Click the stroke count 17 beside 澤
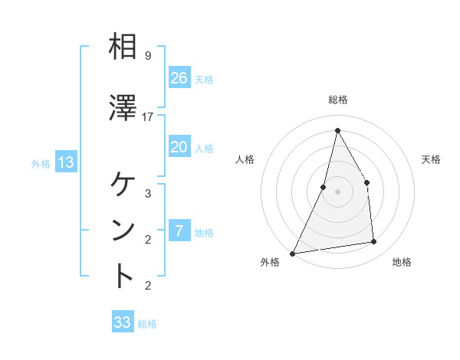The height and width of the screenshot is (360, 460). point(148,117)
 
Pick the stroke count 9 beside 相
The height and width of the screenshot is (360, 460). point(148,56)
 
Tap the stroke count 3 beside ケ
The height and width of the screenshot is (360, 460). point(148,194)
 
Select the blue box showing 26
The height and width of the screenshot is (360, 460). point(179,77)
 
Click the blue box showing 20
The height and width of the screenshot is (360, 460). point(179,147)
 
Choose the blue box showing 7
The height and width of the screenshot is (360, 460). point(179,231)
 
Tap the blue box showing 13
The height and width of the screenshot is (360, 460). point(65,162)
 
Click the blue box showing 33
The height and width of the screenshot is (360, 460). point(122,322)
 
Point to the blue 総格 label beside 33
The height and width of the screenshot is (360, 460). point(147,324)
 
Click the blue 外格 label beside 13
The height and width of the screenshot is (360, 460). point(41,163)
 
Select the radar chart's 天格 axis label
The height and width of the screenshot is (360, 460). point(431,159)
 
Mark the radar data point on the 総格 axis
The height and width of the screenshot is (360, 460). point(337,130)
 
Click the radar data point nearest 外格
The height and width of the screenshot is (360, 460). point(292,253)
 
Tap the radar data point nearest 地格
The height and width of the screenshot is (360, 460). point(374,242)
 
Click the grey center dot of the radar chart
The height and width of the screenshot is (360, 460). point(337,191)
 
